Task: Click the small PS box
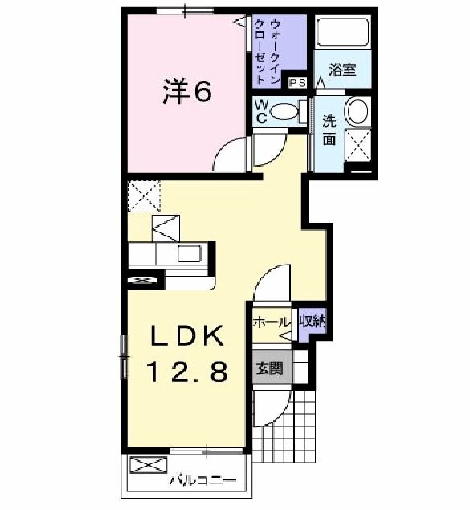pyautogui.click(x=296, y=81)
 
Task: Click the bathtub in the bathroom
pyautogui.click(x=342, y=34)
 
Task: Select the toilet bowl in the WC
pyautogui.click(x=284, y=112)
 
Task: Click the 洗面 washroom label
pyautogui.click(x=330, y=130)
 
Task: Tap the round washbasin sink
pyautogui.click(x=356, y=111)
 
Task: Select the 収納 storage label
pyautogui.click(x=313, y=322)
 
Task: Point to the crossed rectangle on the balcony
pyautogui.click(x=145, y=465)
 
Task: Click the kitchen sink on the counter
pyautogui.click(x=190, y=254)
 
